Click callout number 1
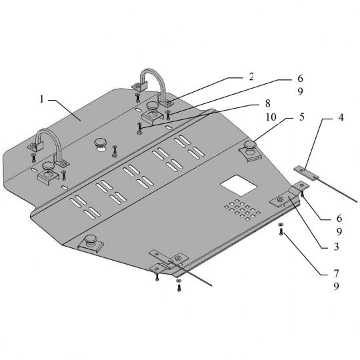(41, 99)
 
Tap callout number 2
(251, 77)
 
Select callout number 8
(268, 103)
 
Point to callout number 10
(271, 117)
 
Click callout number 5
(302, 117)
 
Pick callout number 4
(341, 117)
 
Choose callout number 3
(337, 247)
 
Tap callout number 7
(337, 273)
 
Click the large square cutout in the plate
(239, 185)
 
